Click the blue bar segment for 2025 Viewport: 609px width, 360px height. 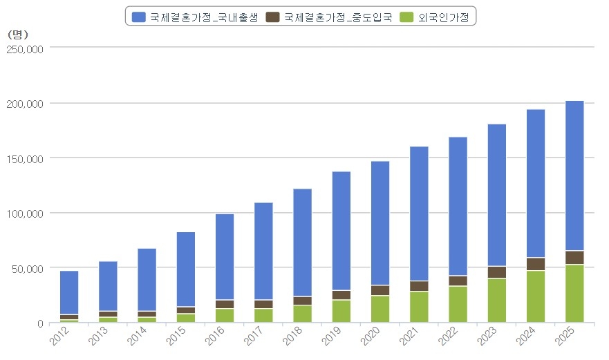pyautogui.click(x=574, y=176)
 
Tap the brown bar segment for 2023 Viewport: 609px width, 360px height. pyautogui.click(x=497, y=272)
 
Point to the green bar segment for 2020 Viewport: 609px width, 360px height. pyautogui.click(x=380, y=309)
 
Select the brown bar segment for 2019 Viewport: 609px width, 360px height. pyautogui.click(x=341, y=295)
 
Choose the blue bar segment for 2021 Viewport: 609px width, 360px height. pyautogui.click(x=419, y=214)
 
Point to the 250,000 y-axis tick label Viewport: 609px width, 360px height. pyautogui.click(x=25, y=48)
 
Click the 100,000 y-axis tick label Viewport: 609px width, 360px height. pyautogui.click(x=25, y=214)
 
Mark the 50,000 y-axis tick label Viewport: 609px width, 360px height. pyautogui.click(x=28, y=268)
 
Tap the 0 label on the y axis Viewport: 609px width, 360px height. pyautogui.click(x=41, y=323)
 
